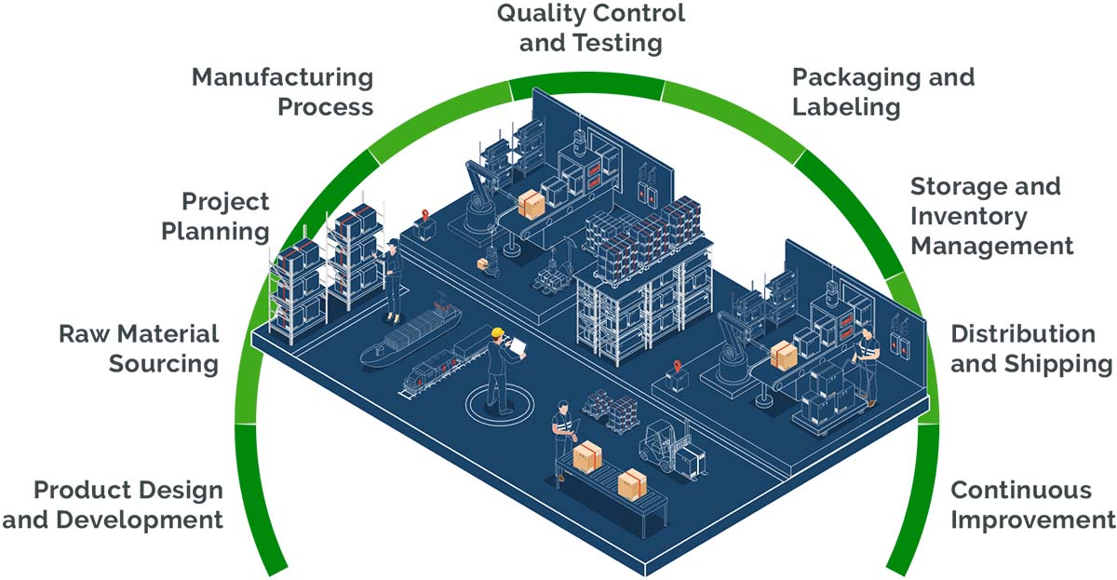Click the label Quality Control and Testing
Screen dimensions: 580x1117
click(590, 28)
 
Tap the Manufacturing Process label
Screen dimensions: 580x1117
click(282, 91)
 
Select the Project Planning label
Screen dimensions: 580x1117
click(215, 215)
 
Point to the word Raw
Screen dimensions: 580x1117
click(82, 334)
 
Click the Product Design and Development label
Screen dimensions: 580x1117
click(113, 505)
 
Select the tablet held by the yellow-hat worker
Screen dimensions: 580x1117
click(518, 347)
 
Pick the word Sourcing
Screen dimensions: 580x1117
click(164, 364)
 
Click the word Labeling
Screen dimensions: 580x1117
click(846, 107)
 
